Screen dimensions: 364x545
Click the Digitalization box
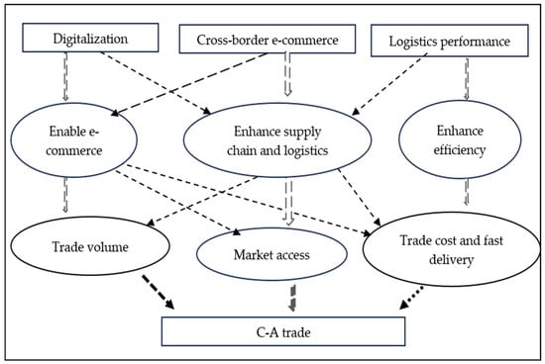(88, 39)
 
